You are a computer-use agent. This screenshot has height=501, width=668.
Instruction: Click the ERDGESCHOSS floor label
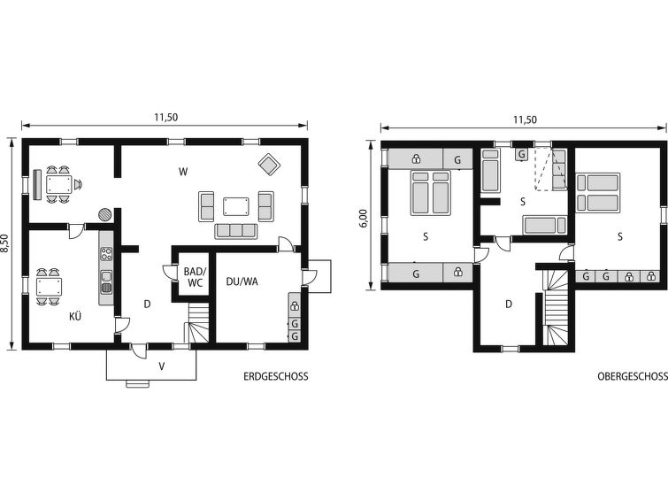tap(276, 376)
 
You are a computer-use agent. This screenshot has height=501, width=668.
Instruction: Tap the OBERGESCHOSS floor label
tap(633, 376)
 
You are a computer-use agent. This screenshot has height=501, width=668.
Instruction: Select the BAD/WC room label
tap(195, 277)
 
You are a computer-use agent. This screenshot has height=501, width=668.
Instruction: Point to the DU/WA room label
tap(242, 281)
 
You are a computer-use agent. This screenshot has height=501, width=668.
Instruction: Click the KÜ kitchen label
tap(75, 316)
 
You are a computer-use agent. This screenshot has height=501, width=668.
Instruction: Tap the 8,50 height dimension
tap(4, 243)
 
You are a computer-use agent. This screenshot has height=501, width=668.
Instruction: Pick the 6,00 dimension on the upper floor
tap(363, 218)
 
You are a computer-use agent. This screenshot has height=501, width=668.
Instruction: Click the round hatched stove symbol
tap(105, 214)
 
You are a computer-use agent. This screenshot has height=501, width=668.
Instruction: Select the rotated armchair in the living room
tap(269, 164)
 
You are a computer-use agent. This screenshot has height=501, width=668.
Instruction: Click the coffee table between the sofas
tap(236, 206)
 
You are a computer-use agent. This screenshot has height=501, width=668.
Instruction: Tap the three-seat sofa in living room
tap(236, 231)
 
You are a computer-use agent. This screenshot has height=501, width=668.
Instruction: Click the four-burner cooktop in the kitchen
tap(106, 254)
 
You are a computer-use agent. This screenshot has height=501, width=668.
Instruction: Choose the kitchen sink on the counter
tap(106, 281)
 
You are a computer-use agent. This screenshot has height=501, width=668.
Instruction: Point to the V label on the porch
tap(162, 366)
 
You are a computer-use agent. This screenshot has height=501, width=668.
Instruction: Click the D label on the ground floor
tap(147, 304)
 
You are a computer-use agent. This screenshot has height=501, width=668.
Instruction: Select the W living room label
tap(183, 172)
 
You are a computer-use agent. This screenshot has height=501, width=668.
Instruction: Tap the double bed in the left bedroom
tap(430, 193)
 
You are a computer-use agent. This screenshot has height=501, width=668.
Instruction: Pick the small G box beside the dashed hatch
tap(522, 154)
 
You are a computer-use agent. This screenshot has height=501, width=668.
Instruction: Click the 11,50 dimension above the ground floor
tap(165, 117)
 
